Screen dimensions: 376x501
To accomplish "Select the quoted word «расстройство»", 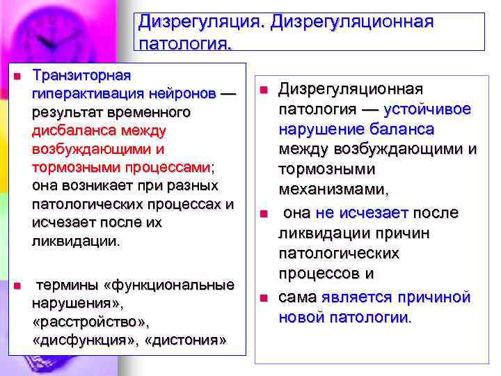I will [x=90, y=323].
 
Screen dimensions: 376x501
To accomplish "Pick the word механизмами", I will [x=333, y=189].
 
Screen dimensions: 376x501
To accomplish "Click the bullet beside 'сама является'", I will [x=264, y=298].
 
